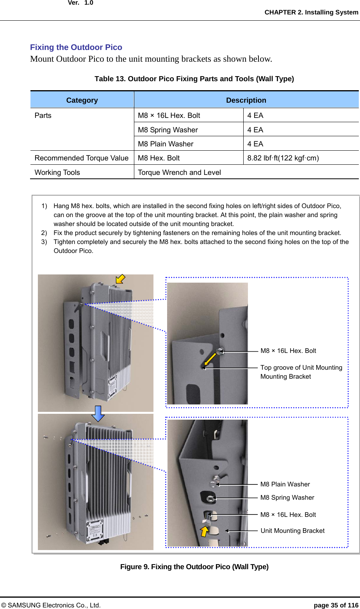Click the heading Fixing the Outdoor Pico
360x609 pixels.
coord(76,47)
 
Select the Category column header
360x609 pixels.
coord(82,100)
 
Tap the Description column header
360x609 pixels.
coord(246,100)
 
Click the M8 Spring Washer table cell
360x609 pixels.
coord(168,130)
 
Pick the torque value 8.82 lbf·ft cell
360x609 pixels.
coord(283,158)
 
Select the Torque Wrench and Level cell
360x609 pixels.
coord(180,173)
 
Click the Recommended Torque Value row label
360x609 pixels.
coord(82,158)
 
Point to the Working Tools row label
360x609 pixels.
coord(57,173)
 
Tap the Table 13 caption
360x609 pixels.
coord(194,79)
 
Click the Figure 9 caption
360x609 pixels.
coord(194,567)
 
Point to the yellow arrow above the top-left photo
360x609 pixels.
coord(120,279)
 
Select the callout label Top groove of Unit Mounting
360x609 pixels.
coord(301,368)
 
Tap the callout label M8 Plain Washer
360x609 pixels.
coord(285,484)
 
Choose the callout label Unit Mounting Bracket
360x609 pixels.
coord(292,531)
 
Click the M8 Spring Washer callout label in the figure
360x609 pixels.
coord(287,498)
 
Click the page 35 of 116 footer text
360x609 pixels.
coord(336,605)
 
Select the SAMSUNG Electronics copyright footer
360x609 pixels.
coord(51,605)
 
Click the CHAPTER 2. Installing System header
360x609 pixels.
coord(311,12)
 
